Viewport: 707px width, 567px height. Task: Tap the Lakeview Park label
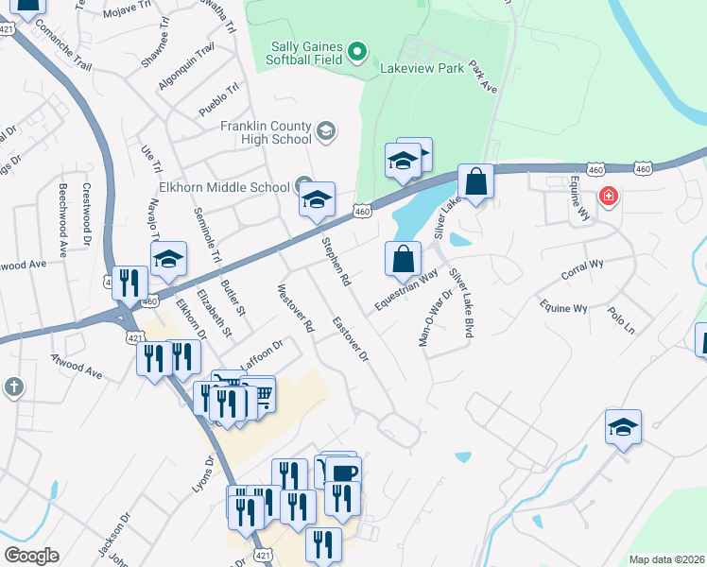click(x=422, y=69)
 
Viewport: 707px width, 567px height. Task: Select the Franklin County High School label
click(x=266, y=132)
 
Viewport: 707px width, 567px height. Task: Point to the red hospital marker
click(x=610, y=198)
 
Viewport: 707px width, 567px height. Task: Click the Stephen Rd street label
click(x=336, y=263)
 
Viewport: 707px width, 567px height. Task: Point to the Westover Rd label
click(x=295, y=307)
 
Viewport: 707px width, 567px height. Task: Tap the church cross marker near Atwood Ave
click(x=13, y=387)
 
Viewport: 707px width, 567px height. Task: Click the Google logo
click(x=31, y=556)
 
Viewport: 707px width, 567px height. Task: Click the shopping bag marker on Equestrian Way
click(x=404, y=258)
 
